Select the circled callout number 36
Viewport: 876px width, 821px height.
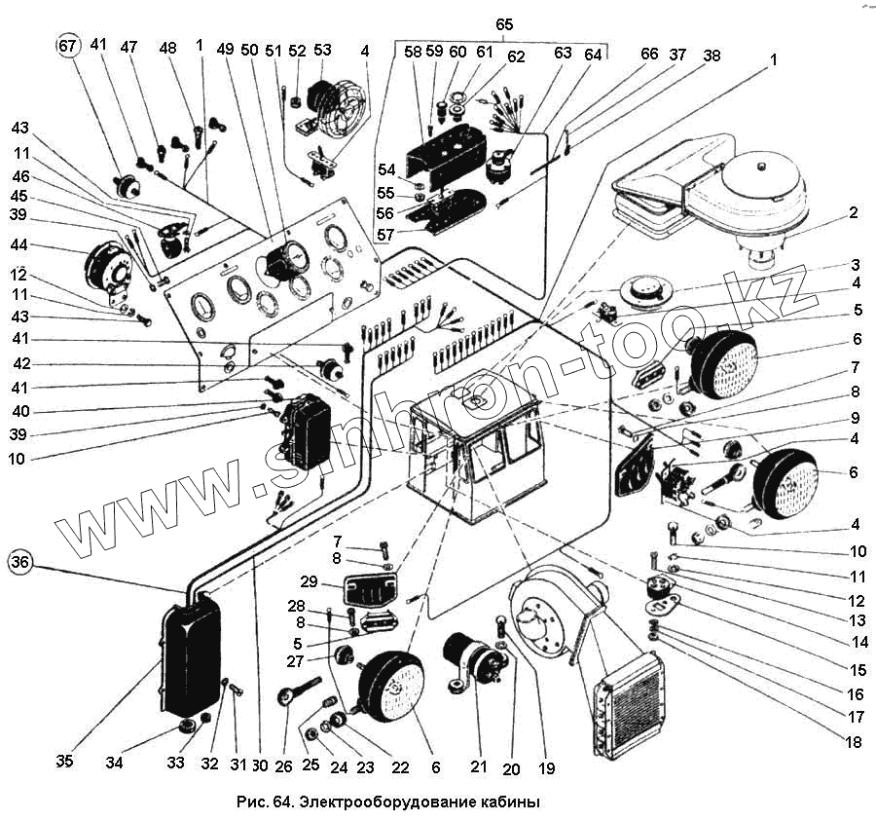[x=22, y=562]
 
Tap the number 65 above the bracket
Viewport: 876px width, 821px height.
[x=503, y=22]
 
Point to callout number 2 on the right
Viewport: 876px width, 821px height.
[x=853, y=214]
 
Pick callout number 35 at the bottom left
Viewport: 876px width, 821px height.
[x=64, y=761]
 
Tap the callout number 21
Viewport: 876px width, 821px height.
[x=478, y=766]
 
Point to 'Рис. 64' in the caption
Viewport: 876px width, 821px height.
[x=264, y=802]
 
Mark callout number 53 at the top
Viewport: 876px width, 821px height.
[x=322, y=50]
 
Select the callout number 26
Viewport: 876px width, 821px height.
[x=283, y=766]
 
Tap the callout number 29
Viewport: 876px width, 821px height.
[x=310, y=581]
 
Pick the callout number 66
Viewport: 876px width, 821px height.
[x=649, y=56]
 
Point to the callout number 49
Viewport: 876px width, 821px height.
[x=226, y=50]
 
